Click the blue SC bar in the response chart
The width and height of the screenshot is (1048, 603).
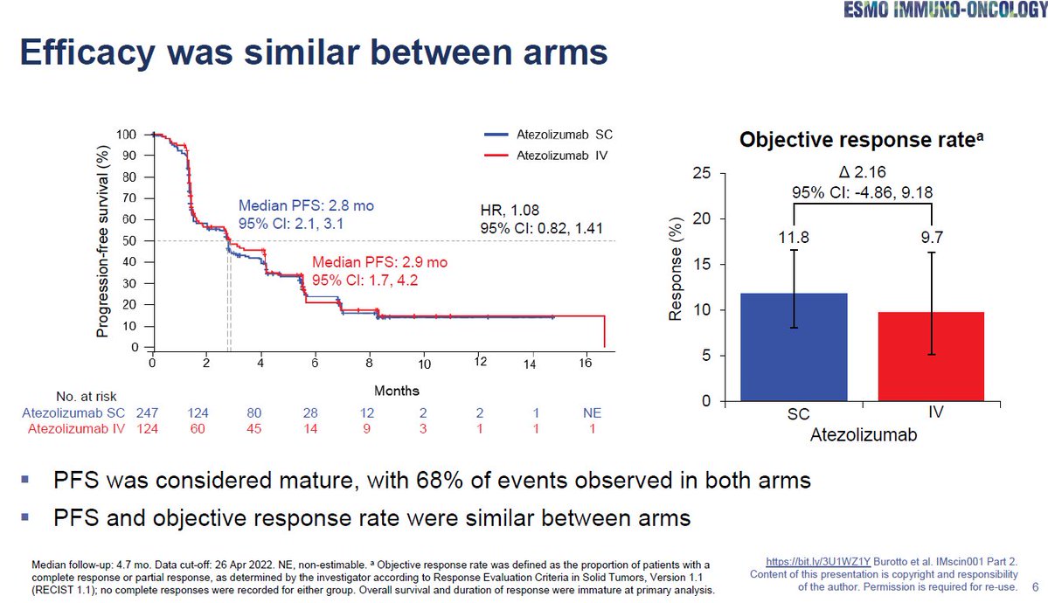tap(794, 347)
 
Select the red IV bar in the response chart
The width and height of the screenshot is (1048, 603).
tap(931, 357)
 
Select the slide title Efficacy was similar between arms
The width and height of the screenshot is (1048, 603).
tap(314, 53)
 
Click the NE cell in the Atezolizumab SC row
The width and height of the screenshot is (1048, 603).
tap(593, 412)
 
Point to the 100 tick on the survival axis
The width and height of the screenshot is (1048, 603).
tap(128, 135)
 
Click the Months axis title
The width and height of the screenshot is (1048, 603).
tap(397, 391)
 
